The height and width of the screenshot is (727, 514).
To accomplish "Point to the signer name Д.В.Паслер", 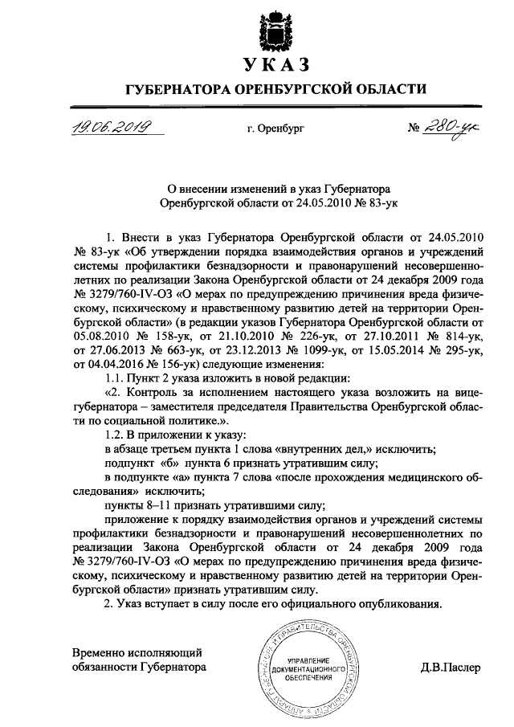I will (x=450, y=668).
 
